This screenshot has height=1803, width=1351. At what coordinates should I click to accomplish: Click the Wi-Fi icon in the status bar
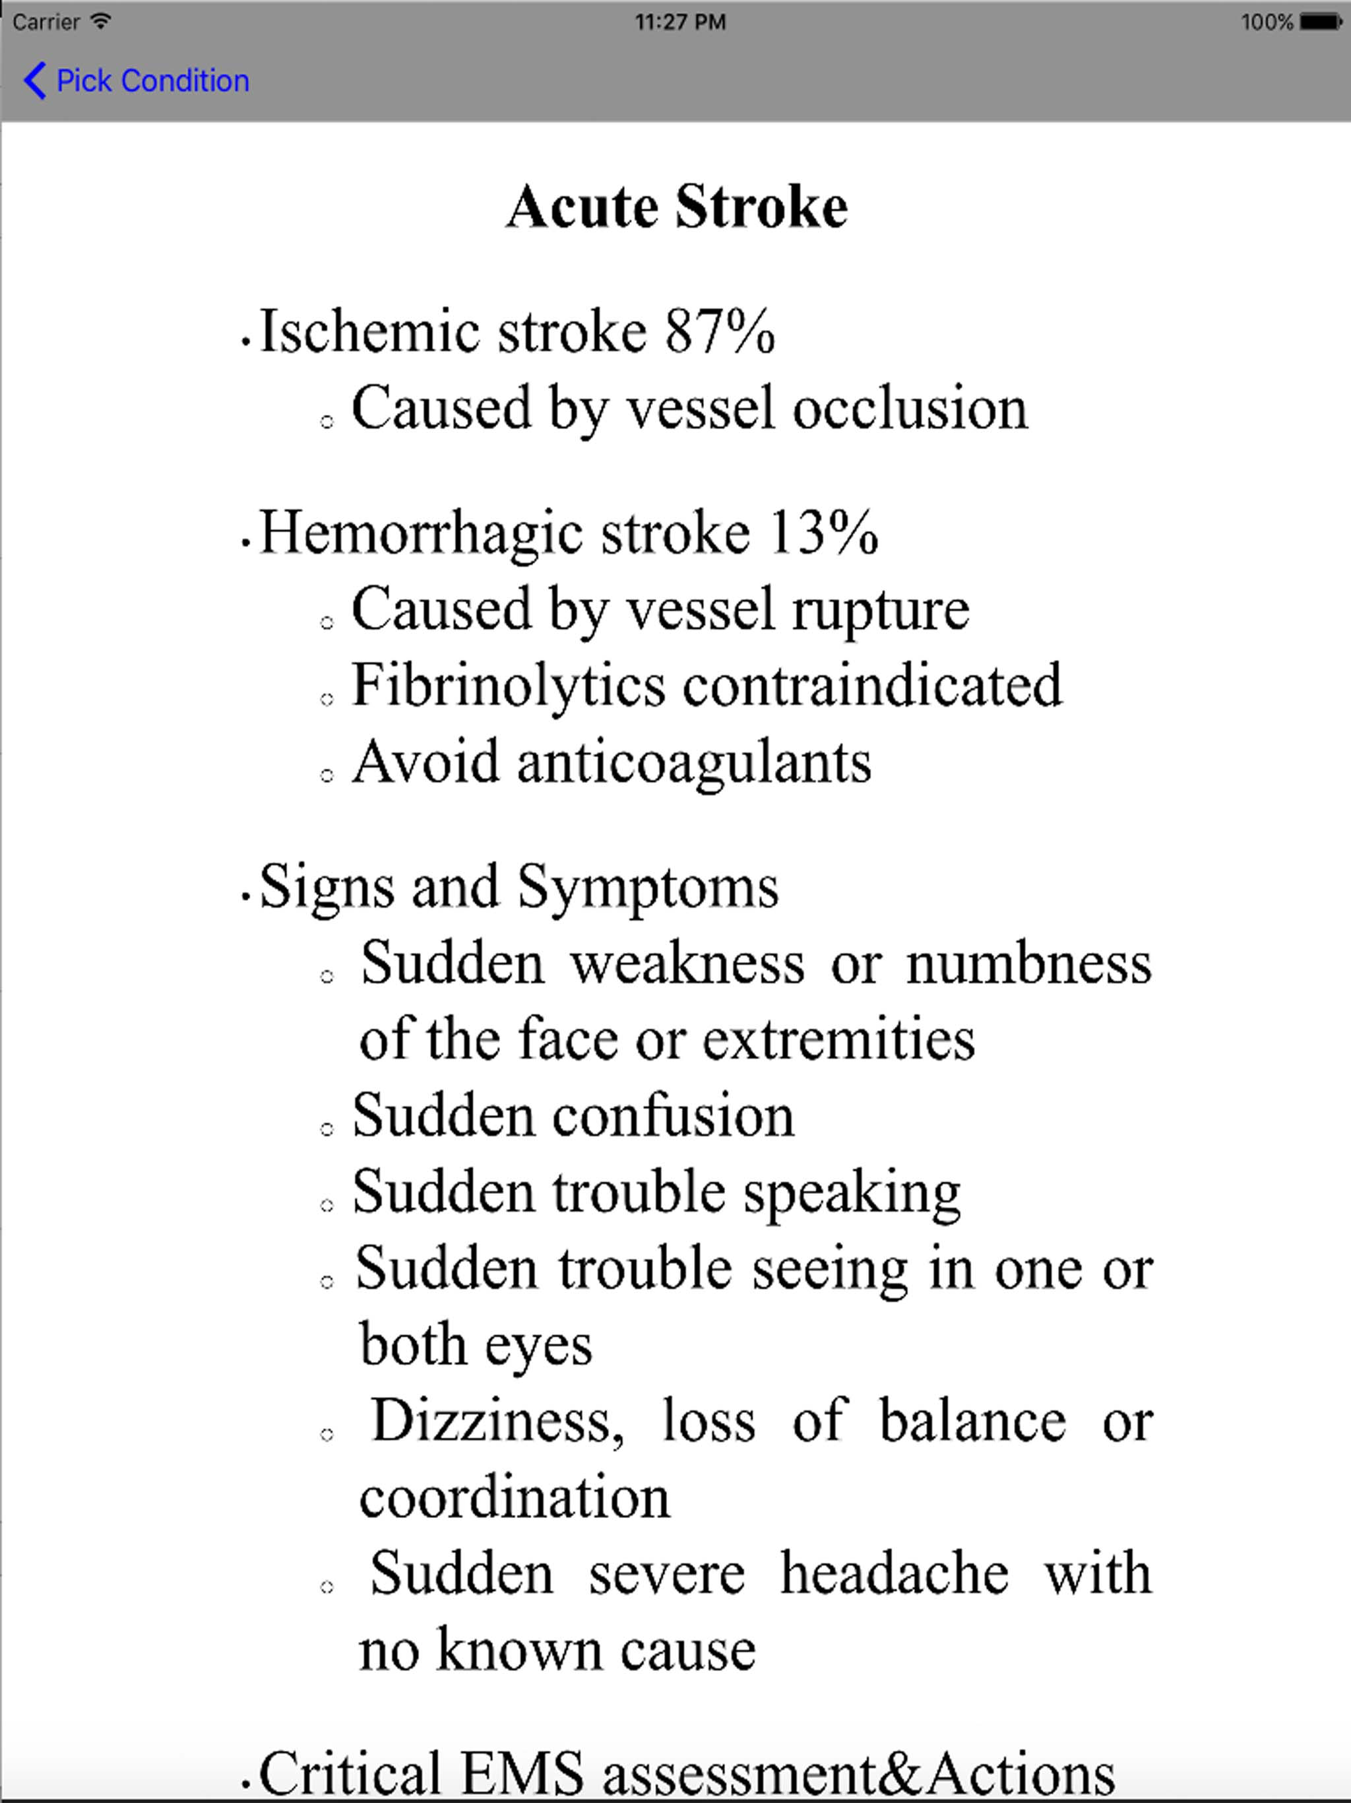point(101,22)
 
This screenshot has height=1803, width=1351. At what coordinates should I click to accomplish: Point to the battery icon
point(1319,22)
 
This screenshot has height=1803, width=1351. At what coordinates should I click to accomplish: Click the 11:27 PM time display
point(679,22)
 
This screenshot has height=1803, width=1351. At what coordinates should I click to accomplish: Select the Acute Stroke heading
point(676,207)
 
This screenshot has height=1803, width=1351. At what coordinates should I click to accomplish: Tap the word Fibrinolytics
point(509,686)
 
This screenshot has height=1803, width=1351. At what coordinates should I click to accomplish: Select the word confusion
point(673,1116)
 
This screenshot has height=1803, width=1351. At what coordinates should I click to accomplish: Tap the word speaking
point(852,1193)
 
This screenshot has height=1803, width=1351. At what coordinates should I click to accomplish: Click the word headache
point(894,1574)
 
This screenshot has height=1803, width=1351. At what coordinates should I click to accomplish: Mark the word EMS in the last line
point(522,1773)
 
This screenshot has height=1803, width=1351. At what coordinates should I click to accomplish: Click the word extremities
point(838,1041)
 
